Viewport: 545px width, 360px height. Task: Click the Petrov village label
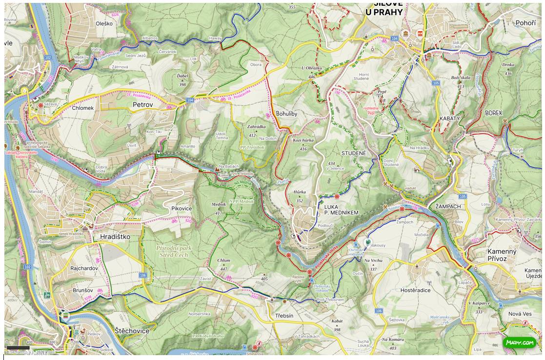click(142, 105)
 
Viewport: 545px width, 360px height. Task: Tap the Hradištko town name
click(115, 237)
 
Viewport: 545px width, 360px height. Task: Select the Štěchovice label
click(132, 331)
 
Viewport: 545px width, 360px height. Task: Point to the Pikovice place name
click(182, 208)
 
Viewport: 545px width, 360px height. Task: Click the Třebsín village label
click(284, 316)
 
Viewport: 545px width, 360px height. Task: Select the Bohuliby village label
click(286, 113)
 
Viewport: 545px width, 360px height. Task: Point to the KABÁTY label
click(449, 119)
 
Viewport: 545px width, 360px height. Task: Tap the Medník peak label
click(219, 204)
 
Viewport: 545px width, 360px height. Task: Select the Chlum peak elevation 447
click(223, 268)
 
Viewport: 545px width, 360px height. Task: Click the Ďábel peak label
click(182, 76)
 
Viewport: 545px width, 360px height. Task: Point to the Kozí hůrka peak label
click(303, 140)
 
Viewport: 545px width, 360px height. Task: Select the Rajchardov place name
click(84, 268)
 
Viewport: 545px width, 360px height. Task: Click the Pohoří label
click(525, 23)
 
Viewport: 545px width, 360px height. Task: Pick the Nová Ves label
click(520, 314)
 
